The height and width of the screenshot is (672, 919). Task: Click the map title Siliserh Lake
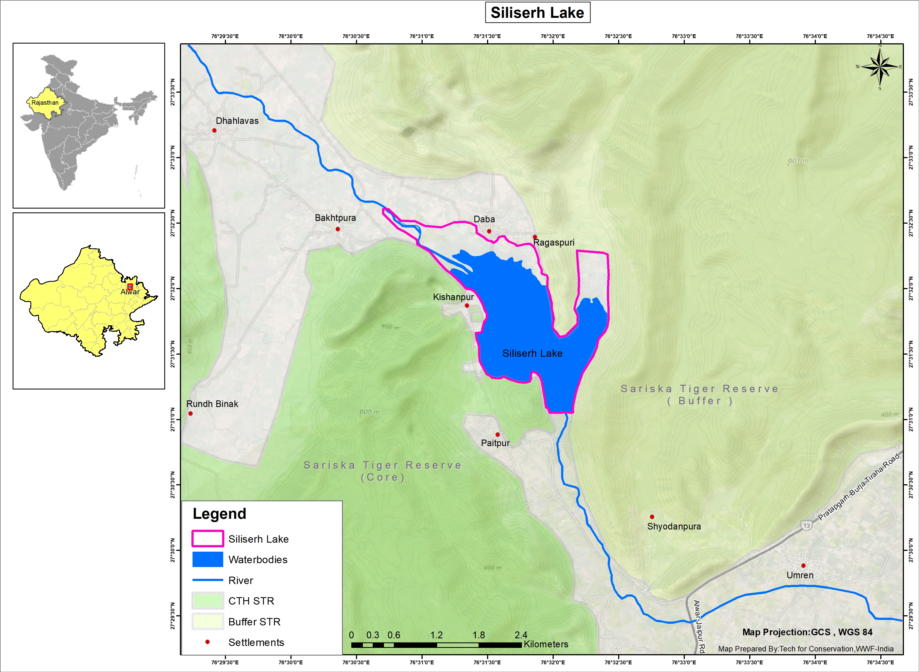click(537, 13)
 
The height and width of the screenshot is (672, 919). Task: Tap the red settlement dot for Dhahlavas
click(214, 130)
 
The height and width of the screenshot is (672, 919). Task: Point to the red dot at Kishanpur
click(467, 306)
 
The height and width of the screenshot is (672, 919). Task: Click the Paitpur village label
click(495, 443)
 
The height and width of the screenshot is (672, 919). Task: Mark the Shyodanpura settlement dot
click(652, 517)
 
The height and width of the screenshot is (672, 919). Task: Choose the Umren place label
click(800, 575)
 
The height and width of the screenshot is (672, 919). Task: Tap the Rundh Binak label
click(212, 404)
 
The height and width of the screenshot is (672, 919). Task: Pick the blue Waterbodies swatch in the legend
click(208, 559)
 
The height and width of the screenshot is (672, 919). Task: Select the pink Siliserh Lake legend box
click(208, 539)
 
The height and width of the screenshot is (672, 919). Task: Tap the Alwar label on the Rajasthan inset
click(130, 292)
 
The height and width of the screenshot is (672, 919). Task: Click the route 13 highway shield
click(806, 526)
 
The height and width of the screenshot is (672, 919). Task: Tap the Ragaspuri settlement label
click(553, 243)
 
